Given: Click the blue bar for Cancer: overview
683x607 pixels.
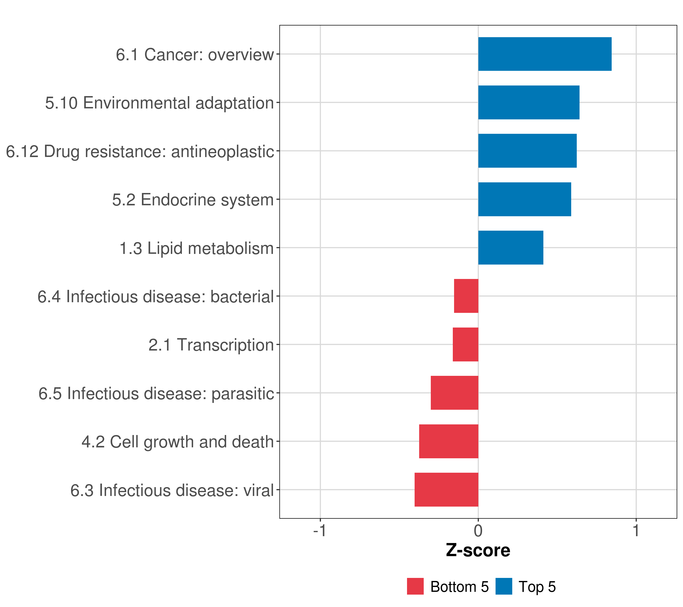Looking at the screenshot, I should [545, 54].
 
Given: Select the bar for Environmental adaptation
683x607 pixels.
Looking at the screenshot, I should [529, 103].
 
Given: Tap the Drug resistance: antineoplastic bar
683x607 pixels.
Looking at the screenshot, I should [527, 151].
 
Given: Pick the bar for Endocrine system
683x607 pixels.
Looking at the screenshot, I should [525, 200].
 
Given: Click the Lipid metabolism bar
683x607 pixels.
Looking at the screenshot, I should [510, 248].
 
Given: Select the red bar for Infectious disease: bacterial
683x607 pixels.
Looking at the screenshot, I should [466, 296].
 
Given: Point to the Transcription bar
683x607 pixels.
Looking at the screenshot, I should [465, 344].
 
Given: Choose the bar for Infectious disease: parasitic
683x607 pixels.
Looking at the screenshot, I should [454, 393].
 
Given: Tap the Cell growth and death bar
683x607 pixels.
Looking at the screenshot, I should [449, 441].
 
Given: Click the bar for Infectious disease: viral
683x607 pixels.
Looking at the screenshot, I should [446, 490].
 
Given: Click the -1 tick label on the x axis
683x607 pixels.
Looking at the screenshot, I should [320, 531].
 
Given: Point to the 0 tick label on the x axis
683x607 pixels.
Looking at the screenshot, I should [478, 531].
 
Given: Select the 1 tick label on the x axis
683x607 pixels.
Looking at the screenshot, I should [636, 531].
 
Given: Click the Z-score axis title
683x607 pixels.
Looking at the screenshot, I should [478, 551].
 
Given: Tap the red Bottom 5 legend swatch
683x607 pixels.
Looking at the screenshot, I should [415, 586].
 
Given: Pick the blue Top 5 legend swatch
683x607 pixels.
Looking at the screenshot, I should [504, 586].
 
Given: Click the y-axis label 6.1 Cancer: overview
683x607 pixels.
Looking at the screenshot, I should [195, 54].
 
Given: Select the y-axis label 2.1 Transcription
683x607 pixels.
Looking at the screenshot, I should [211, 345].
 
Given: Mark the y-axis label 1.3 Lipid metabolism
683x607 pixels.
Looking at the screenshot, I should [197, 248].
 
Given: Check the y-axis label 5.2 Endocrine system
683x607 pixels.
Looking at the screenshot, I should [193, 200].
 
